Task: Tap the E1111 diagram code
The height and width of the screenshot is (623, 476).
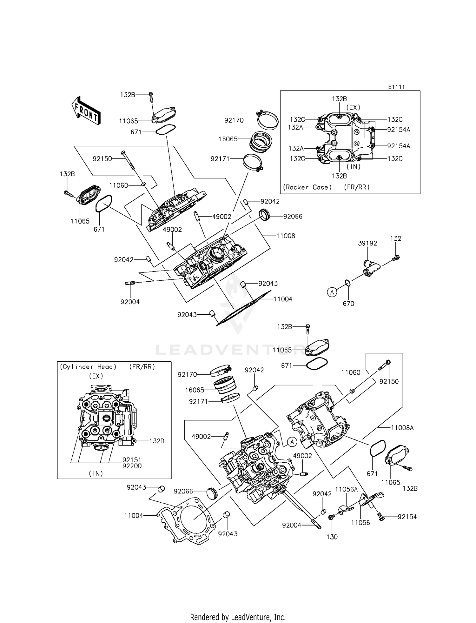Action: [x=396, y=87]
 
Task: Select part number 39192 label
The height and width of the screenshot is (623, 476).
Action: [x=367, y=243]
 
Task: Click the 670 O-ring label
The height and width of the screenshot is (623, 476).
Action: [x=348, y=304]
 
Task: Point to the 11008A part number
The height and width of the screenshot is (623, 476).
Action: [x=402, y=428]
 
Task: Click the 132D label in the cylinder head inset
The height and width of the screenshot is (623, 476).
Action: [x=156, y=441]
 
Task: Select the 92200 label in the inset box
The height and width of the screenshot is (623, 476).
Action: [x=132, y=466]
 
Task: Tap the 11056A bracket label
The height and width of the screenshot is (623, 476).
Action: [x=346, y=489]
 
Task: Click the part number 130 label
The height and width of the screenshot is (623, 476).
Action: [x=332, y=537]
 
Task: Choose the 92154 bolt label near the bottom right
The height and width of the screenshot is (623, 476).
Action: [x=407, y=517]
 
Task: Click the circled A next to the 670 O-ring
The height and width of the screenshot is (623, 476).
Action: [x=332, y=292]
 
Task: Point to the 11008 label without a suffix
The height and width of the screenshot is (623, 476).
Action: [x=286, y=236]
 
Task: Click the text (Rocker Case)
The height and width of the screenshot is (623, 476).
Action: [x=307, y=187]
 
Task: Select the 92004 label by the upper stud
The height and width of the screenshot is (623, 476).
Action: [x=130, y=302]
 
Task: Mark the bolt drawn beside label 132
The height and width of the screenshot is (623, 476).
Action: [x=395, y=258]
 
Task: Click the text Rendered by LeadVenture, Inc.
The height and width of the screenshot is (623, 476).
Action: [x=238, y=617]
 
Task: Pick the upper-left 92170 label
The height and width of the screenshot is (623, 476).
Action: [x=234, y=120]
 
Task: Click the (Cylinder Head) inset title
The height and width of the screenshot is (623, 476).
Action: [x=88, y=367]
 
